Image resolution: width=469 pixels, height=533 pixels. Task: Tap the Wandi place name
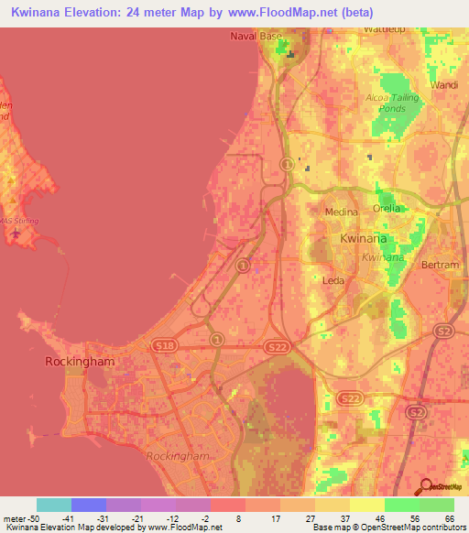point(445,84)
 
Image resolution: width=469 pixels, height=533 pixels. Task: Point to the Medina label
point(342,212)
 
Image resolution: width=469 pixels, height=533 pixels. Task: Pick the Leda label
point(333,280)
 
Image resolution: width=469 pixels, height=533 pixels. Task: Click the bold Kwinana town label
point(364,238)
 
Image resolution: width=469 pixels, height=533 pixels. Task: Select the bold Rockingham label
point(82,362)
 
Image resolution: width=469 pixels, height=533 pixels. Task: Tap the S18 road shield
point(164,345)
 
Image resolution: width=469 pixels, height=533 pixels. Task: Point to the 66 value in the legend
point(449,518)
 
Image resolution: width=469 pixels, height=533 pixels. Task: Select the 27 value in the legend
point(311,518)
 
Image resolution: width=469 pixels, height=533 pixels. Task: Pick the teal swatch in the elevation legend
point(53,505)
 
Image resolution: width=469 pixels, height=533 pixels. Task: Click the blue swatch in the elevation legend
point(89,505)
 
